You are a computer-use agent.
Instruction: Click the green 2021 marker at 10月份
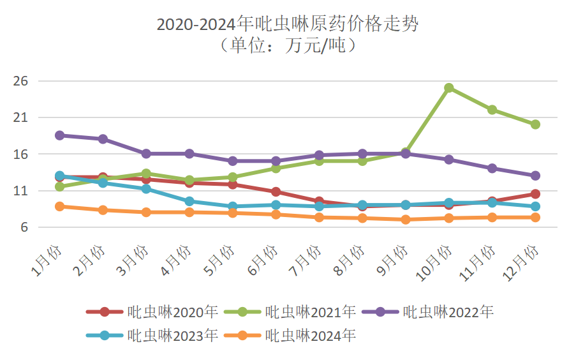click(x=449, y=88)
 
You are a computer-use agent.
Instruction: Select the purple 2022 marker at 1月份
click(x=60, y=135)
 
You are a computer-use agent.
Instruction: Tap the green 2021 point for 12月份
click(x=535, y=124)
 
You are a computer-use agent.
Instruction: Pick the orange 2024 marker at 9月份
click(x=406, y=220)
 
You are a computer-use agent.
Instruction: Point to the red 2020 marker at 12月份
click(x=535, y=194)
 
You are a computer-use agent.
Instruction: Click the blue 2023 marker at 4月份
click(x=189, y=201)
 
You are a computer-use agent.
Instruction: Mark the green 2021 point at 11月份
click(x=492, y=110)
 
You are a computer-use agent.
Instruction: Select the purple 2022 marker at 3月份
click(x=146, y=154)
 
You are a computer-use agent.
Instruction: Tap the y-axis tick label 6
click(x=26, y=228)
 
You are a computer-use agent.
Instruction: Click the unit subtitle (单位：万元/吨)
click(x=287, y=46)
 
